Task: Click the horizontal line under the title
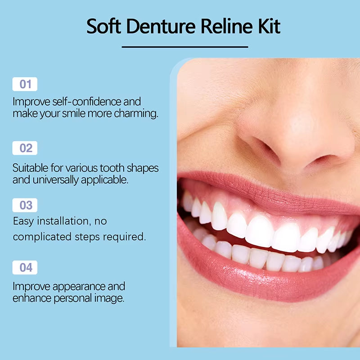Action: click(185, 46)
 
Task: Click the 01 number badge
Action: click(25, 84)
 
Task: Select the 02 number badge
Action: click(25, 148)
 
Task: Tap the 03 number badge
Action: click(25, 205)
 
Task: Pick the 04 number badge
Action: click(25, 267)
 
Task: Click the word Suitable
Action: click(28, 168)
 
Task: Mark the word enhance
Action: click(28, 298)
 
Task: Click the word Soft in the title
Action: click(102, 27)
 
